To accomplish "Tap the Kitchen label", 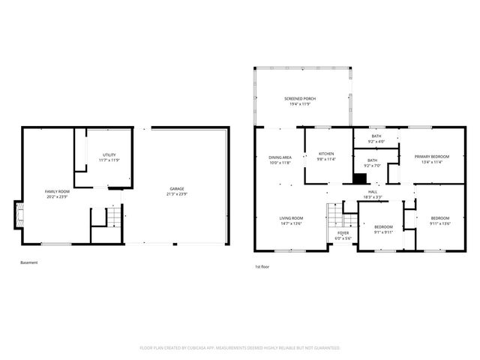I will [325, 154].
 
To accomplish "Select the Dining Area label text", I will [280, 157].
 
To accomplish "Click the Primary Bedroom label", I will [432, 156].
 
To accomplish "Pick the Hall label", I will [373, 192].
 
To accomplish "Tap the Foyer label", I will [343, 233].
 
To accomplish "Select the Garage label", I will [177, 188].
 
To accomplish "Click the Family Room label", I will [58, 191].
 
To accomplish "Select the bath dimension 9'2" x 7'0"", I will [373, 164].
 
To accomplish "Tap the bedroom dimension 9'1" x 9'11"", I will [383, 232].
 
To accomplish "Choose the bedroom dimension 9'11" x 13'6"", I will [439, 223].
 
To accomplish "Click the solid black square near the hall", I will [361, 178].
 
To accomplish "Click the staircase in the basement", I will [112, 217].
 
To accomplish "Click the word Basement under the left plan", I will [28, 262].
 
